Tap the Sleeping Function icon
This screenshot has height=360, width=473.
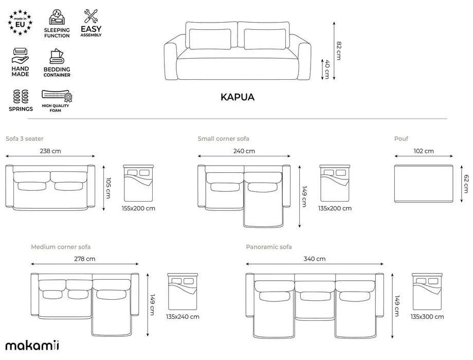(x=57, y=17)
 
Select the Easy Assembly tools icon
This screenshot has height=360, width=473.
(x=91, y=15)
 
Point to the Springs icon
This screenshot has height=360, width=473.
(x=21, y=96)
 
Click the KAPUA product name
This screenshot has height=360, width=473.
(x=237, y=97)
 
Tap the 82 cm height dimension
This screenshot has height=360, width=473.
(x=338, y=50)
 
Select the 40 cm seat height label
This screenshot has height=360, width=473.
(x=326, y=69)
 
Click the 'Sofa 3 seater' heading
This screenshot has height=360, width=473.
(x=24, y=139)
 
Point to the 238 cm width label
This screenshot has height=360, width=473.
(x=50, y=151)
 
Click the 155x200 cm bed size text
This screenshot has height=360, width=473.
(x=139, y=208)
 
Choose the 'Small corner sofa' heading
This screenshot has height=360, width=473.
(x=223, y=139)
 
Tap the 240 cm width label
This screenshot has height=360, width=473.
(x=244, y=151)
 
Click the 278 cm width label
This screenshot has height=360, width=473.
(x=84, y=259)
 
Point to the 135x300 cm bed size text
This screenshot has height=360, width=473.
(x=427, y=317)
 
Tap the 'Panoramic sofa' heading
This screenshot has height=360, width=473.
(x=269, y=247)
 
